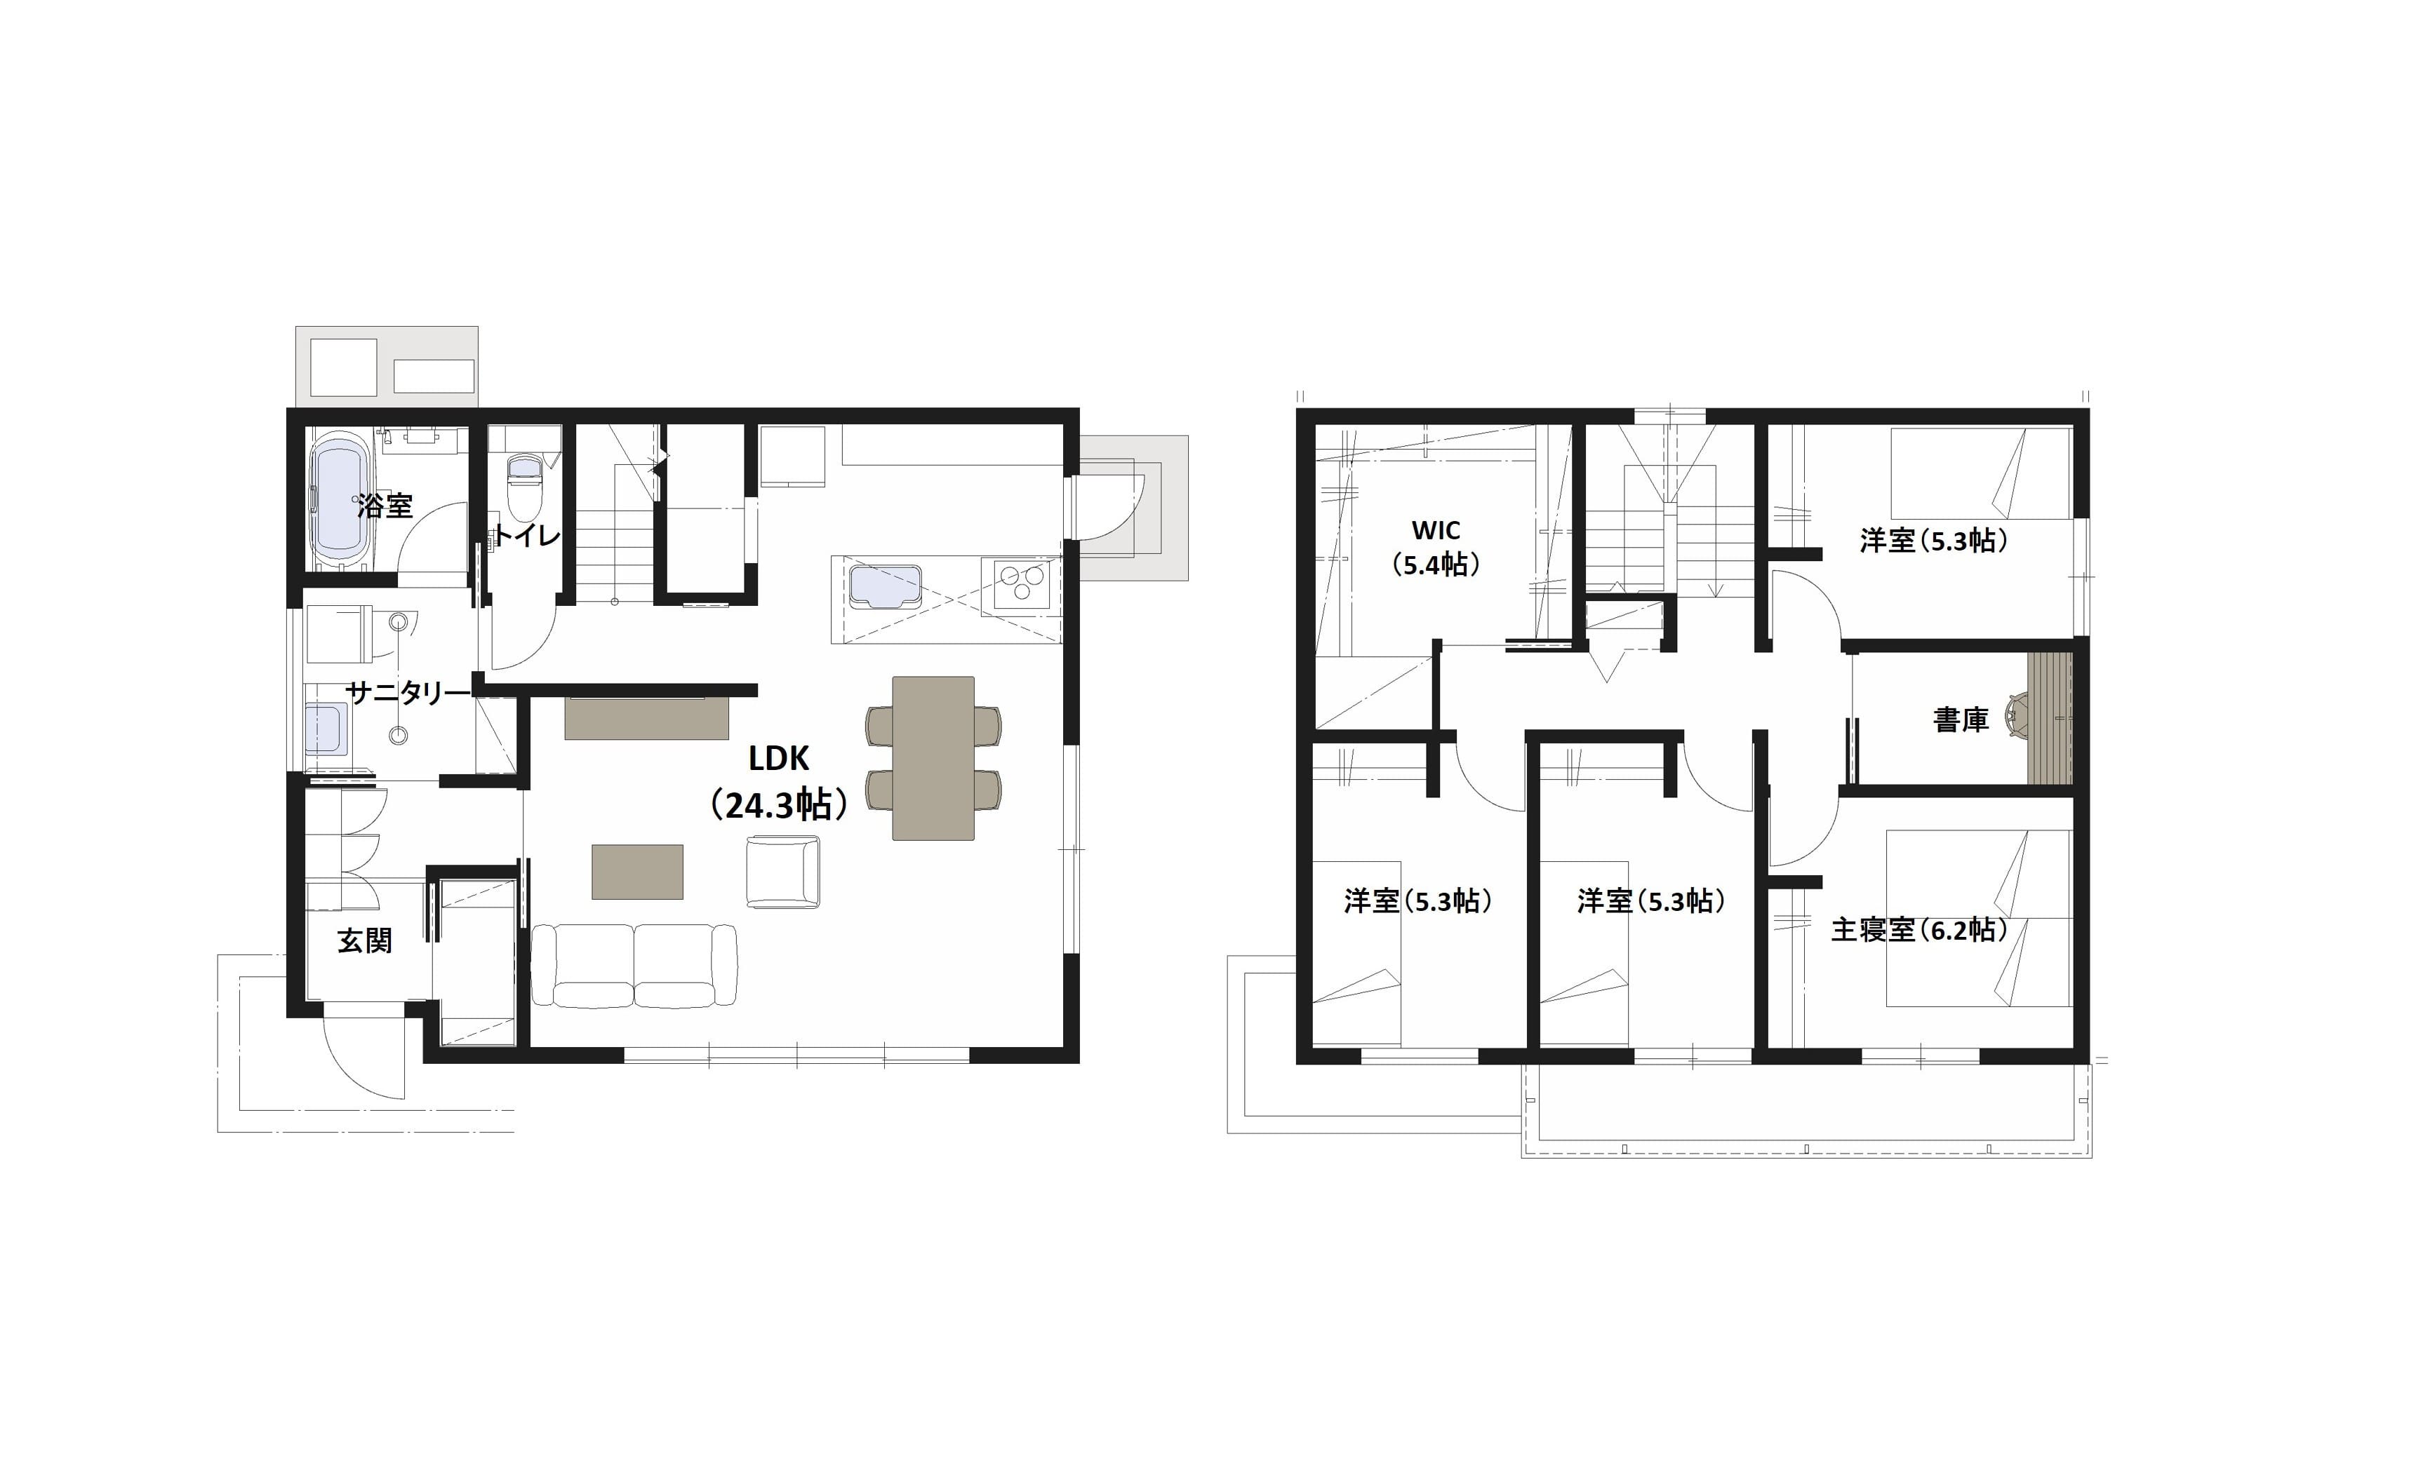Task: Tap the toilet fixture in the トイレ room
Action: pos(524,489)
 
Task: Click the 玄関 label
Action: pos(365,941)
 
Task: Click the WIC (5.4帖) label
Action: pos(1436,548)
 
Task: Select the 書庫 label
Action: pos(1961,720)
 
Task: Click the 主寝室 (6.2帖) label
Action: pos(1918,929)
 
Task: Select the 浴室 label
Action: pos(385,506)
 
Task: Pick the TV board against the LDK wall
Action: pos(647,717)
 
